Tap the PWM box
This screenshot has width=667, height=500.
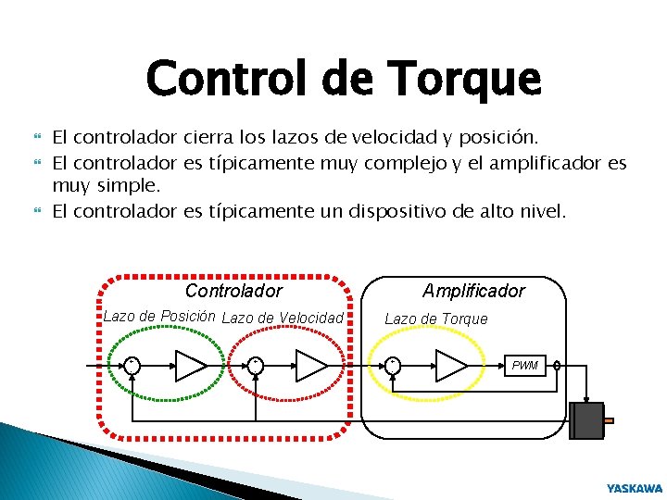[x=524, y=365]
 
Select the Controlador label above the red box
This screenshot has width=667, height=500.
[x=233, y=291]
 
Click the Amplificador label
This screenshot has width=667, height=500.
[x=473, y=291]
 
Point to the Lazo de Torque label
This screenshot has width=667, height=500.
[x=435, y=319]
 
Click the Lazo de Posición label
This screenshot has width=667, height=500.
[x=158, y=316]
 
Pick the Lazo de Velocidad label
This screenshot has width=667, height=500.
[x=283, y=319]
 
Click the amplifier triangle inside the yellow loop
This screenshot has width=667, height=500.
[x=450, y=365]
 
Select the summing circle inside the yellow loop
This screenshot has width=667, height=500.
[x=393, y=365]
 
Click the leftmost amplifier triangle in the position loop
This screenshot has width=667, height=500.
[x=190, y=365]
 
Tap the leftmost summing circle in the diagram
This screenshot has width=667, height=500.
[x=132, y=365]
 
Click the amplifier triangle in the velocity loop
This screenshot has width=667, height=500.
[x=310, y=365]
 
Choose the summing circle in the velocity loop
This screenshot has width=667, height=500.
[x=255, y=365]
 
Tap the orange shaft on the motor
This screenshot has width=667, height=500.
[x=608, y=421]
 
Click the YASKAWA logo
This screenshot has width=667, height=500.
[x=635, y=487]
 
